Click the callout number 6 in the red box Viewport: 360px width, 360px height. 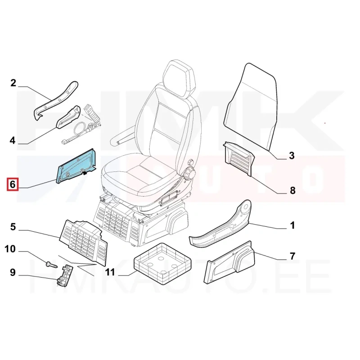tap(13, 184)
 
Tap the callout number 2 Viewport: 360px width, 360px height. tap(13, 83)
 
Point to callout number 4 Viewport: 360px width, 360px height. tap(13, 140)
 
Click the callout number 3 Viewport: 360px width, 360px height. tap(291, 155)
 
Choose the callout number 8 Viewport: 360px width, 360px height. tap(292, 190)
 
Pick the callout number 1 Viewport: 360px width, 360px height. tap(292, 225)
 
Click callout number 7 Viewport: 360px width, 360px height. tap(292, 256)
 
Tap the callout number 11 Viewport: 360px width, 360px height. tap(110, 272)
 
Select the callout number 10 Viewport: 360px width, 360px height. tap(10, 249)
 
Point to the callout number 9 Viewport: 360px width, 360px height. tap(13, 273)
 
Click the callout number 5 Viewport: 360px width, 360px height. tap(13, 227)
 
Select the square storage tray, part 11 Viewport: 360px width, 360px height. tap(162, 260)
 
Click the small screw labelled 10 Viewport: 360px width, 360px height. tap(52, 265)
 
